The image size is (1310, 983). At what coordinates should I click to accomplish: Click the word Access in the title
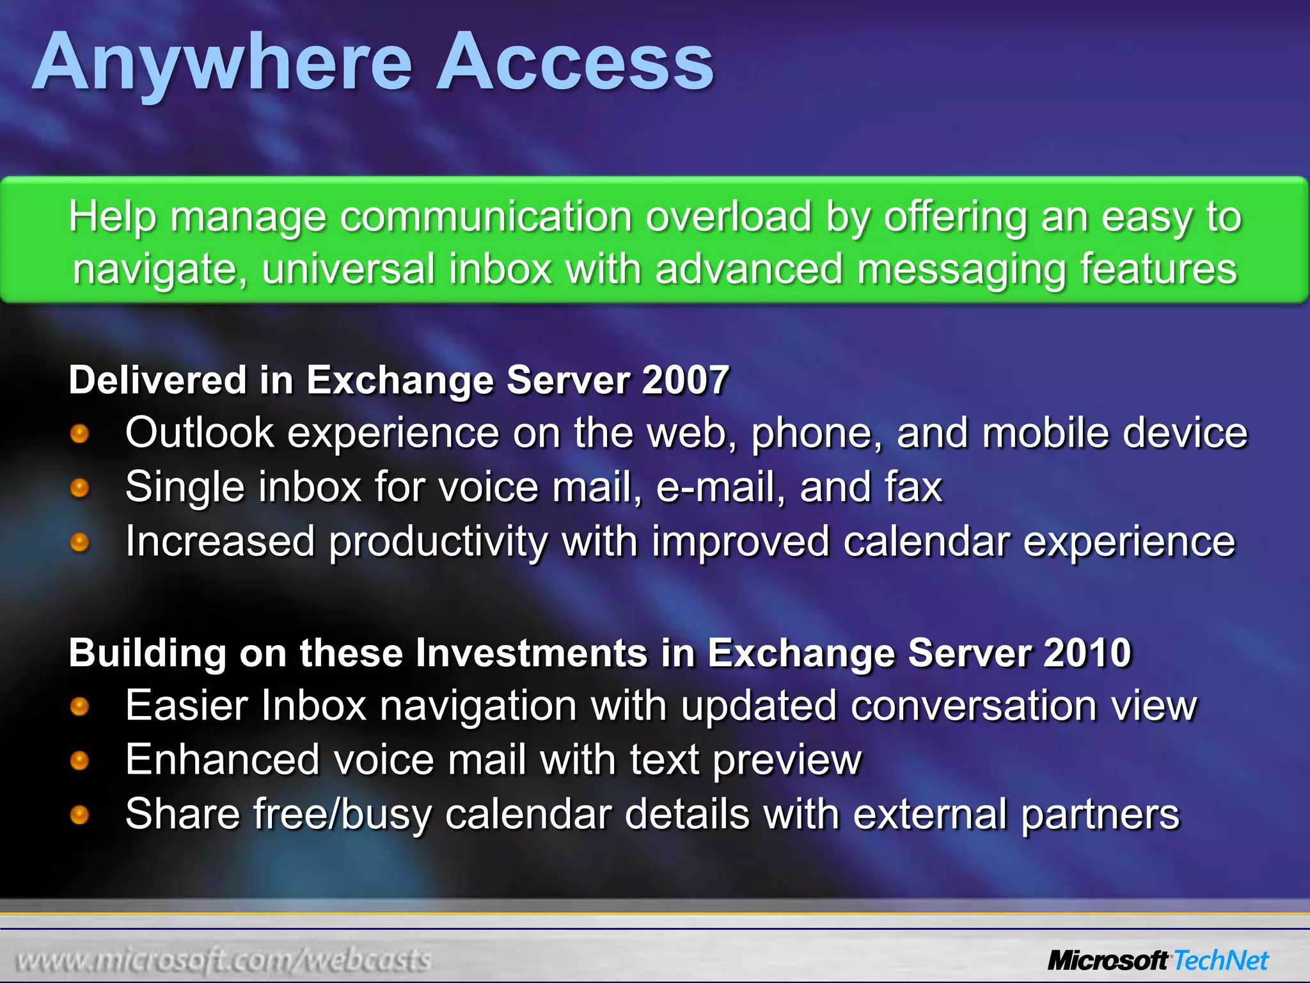[x=574, y=63]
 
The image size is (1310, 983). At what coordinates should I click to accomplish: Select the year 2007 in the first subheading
[x=685, y=380]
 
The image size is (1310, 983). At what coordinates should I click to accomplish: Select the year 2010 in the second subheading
[x=1087, y=653]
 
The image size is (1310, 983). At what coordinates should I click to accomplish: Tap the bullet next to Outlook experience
[x=79, y=434]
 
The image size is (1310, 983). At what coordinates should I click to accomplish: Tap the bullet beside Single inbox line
[x=79, y=488]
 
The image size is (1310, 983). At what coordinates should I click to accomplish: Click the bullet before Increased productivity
[x=79, y=543]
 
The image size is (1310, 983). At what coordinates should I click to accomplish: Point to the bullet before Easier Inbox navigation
[x=79, y=707]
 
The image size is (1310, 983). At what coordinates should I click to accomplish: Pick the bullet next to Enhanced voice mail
[x=79, y=761]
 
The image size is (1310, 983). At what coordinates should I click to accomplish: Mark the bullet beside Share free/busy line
[x=79, y=815]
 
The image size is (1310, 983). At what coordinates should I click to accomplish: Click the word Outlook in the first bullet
[x=200, y=433]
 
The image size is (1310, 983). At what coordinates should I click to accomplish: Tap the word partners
[x=1100, y=815]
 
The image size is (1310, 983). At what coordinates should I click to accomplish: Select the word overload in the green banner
[x=728, y=216]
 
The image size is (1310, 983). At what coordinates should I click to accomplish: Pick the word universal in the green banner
[x=348, y=269]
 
